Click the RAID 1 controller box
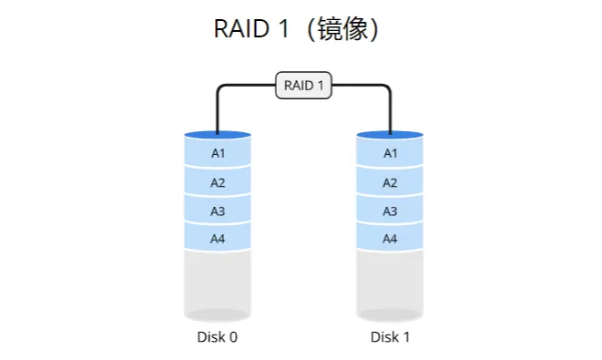coord(304,86)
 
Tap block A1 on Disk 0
coord(218,153)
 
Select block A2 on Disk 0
coord(218,182)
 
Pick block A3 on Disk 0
coord(218,211)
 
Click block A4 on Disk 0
coord(218,239)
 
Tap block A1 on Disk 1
coord(390,153)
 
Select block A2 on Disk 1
coord(390,182)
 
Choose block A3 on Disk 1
coord(390,211)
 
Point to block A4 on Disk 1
coord(390,239)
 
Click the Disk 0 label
coord(218,337)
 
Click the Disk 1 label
coord(390,337)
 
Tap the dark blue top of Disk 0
coord(218,135)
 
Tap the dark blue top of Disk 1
coord(390,135)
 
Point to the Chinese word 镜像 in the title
coord(342,29)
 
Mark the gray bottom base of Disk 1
coord(390,315)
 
